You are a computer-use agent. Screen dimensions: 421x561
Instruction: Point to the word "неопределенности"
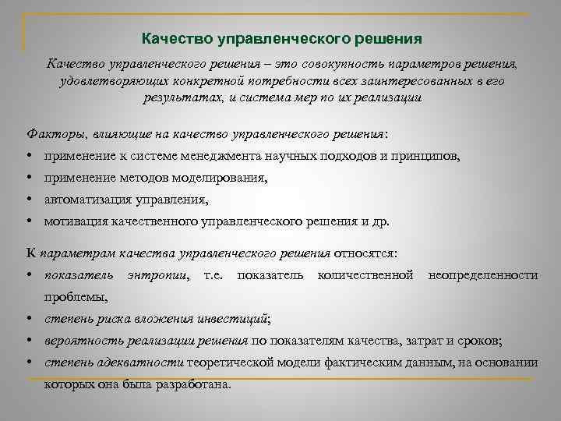click(483, 275)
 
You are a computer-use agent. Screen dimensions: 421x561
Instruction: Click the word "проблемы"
click(76, 296)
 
